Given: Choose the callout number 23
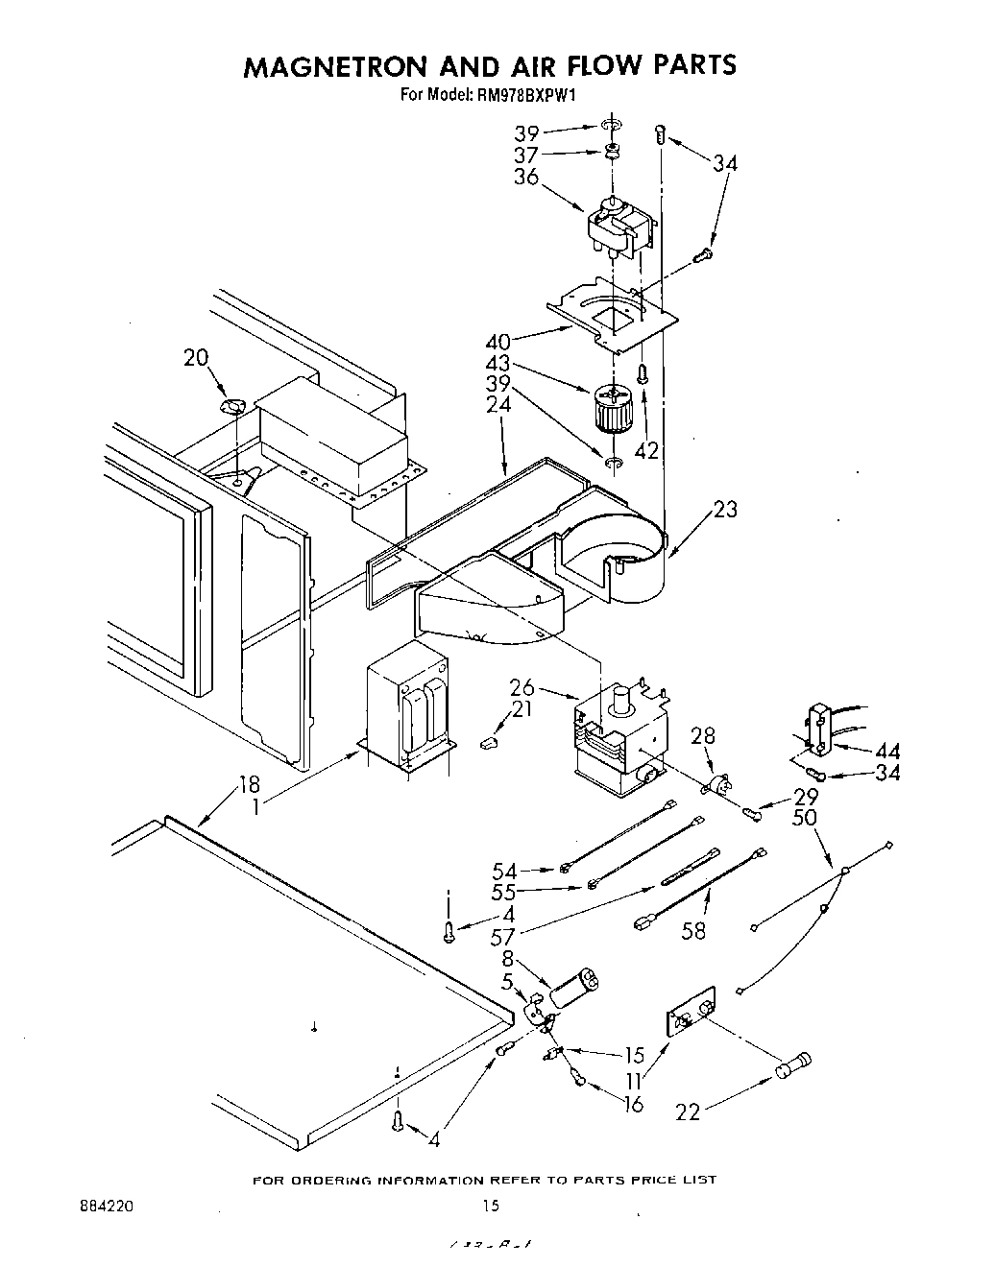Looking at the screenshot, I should click(x=725, y=509).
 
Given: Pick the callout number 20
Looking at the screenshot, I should click(x=196, y=357).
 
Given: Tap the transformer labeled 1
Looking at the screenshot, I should click(x=407, y=710).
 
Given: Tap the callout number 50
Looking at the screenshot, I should click(x=805, y=816).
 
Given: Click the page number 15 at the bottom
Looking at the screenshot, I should click(x=490, y=1205).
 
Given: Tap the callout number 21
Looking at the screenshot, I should click(x=521, y=708).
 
